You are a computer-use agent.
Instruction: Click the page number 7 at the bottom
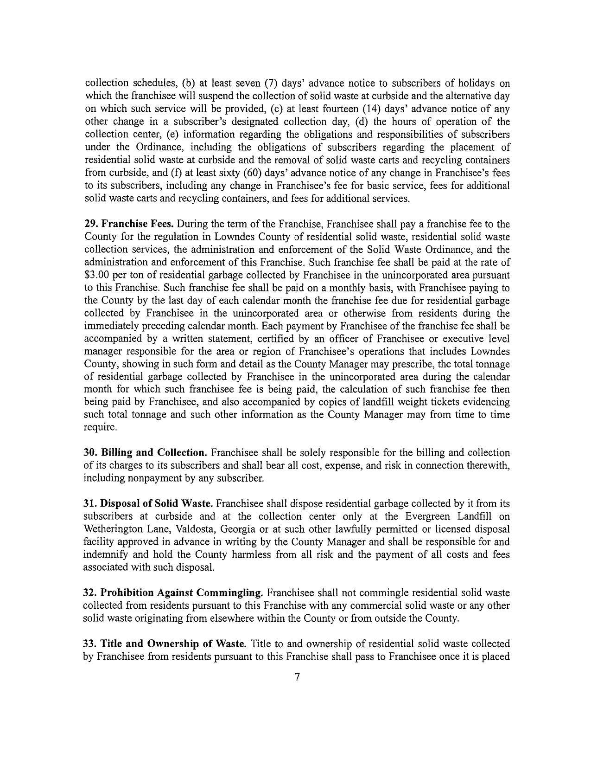298,677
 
